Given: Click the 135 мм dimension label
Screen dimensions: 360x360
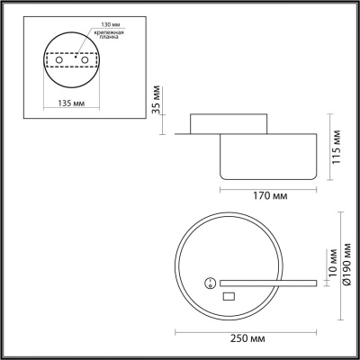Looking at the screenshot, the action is pyautogui.click(x=71, y=103).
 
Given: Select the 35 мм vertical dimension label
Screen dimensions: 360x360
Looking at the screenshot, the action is pyautogui.click(x=156, y=101).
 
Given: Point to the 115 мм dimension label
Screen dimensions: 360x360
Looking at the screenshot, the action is pyautogui.click(x=337, y=147).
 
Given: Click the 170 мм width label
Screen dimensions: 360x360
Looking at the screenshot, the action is pyautogui.click(x=270, y=196).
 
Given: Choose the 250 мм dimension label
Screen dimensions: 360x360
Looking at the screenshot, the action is pyautogui.click(x=247, y=339).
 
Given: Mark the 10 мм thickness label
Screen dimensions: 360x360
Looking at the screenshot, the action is pyautogui.click(x=333, y=263).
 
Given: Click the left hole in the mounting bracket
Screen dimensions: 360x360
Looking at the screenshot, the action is pyautogui.click(x=59, y=60).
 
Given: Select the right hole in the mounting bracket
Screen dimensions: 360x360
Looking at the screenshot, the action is pyautogui.click(x=85, y=60).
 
